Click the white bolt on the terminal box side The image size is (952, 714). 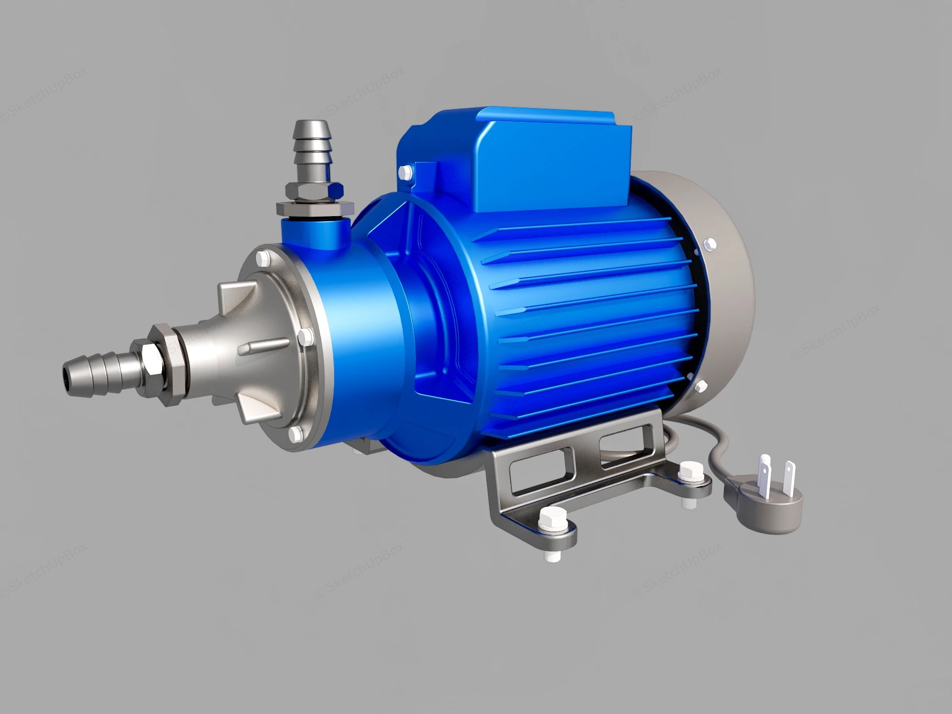tap(405, 172)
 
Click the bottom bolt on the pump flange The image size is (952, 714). tap(296, 433)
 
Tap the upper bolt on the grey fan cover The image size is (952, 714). tap(709, 243)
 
